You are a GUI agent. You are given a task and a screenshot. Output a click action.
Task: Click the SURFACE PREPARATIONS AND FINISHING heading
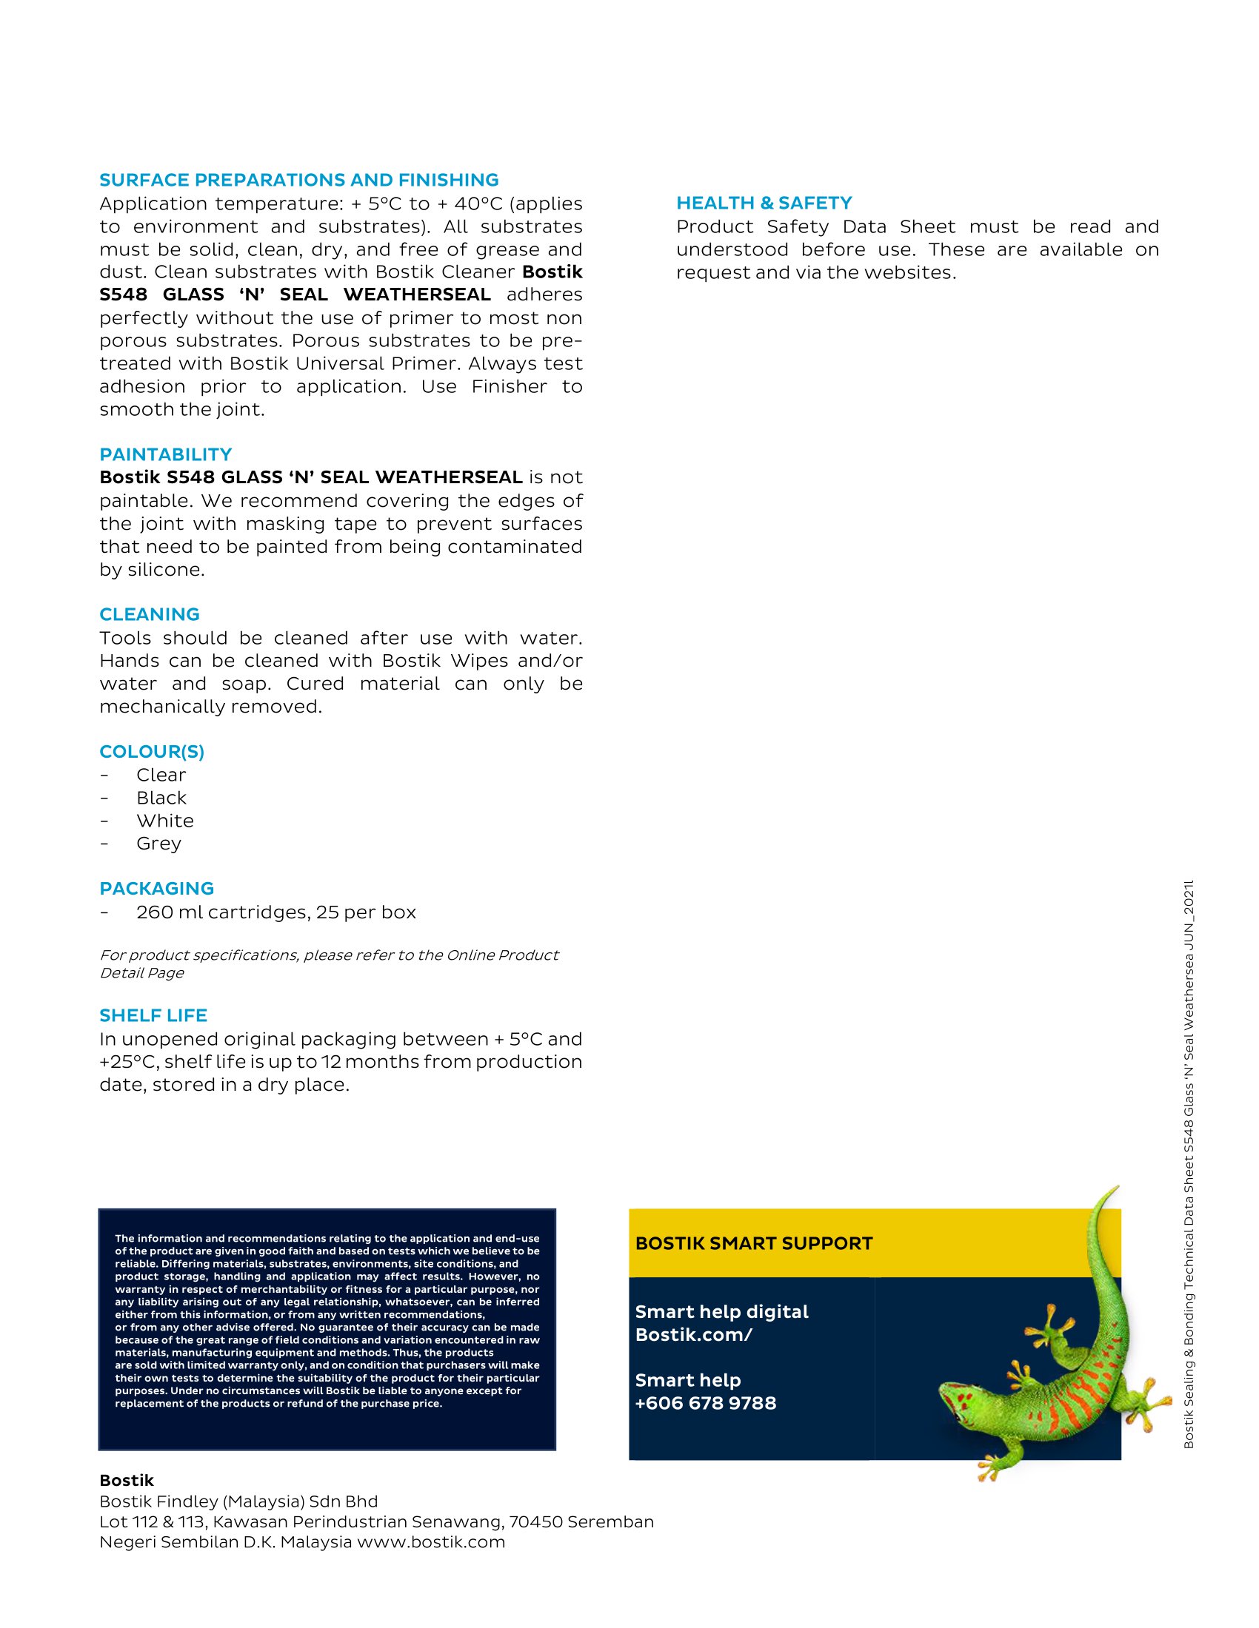(x=299, y=180)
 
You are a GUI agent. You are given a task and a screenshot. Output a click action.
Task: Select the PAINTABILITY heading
(x=166, y=454)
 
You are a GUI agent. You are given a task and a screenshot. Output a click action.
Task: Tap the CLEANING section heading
(x=149, y=614)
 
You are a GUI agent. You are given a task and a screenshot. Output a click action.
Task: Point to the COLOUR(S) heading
(x=151, y=751)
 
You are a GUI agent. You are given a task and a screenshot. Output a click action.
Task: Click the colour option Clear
(x=161, y=775)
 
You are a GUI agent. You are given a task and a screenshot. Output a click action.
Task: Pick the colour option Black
(x=161, y=798)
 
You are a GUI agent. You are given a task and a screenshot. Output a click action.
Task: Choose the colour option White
(x=165, y=821)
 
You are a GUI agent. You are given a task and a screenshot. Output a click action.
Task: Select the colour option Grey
(x=159, y=843)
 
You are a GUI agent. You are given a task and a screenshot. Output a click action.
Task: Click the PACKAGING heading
(x=156, y=889)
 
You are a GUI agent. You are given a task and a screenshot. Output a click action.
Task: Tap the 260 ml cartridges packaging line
(x=276, y=912)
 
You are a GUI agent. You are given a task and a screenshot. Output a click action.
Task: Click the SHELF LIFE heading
(x=153, y=1015)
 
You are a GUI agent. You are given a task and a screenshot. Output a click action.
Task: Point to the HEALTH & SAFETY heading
(x=764, y=203)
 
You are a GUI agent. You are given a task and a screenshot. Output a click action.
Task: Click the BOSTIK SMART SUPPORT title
(x=753, y=1243)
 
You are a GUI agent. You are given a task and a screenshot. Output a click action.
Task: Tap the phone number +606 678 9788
(x=706, y=1403)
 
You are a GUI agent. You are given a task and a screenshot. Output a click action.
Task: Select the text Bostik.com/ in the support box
(x=694, y=1334)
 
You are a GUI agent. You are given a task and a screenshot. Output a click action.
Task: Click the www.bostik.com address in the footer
(x=431, y=1541)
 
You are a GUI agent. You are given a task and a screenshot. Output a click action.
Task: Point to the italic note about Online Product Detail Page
(x=328, y=963)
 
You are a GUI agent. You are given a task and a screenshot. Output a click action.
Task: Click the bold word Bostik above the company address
(x=127, y=1481)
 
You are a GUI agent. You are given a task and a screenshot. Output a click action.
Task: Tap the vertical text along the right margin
(x=1189, y=1163)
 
